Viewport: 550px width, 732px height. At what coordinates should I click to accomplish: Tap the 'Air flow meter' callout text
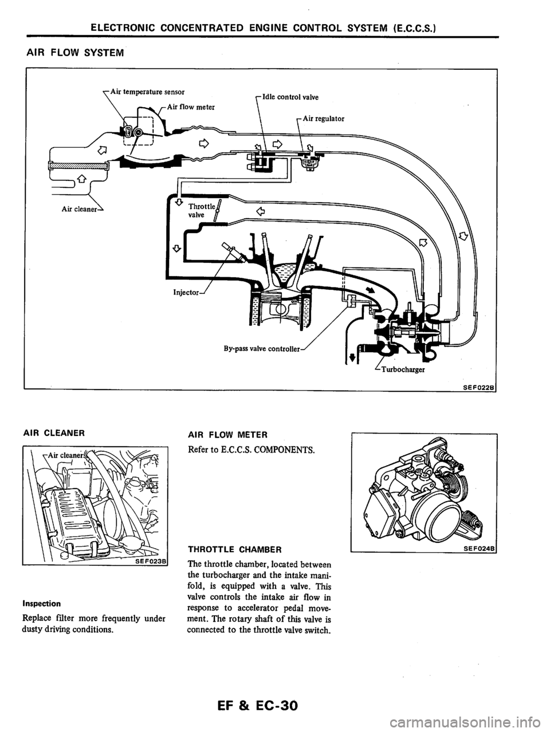pyautogui.click(x=191, y=107)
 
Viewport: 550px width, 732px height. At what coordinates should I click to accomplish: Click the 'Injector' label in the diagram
pyautogui.click(x=186, y=293)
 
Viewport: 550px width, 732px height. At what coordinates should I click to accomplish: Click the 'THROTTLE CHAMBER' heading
pyautogui.click(x=235, y=549)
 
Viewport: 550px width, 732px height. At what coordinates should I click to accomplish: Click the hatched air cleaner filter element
pyautogui.click(x=78, y=166)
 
